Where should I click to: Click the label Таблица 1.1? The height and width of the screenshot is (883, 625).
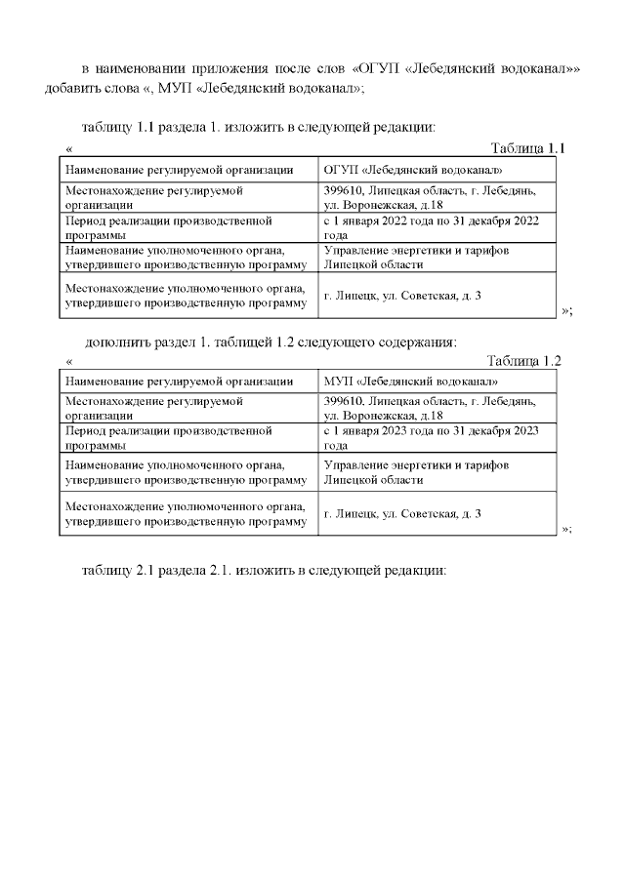tap(527, 148)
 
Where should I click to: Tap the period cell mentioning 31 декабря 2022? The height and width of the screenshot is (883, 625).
tap(431, 228)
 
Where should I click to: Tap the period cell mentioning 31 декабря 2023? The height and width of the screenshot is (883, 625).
tap(431, 437)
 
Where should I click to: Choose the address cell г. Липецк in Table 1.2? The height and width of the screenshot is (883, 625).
tap(402, 512)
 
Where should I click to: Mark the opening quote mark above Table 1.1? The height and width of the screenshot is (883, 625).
tap(69, 149)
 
